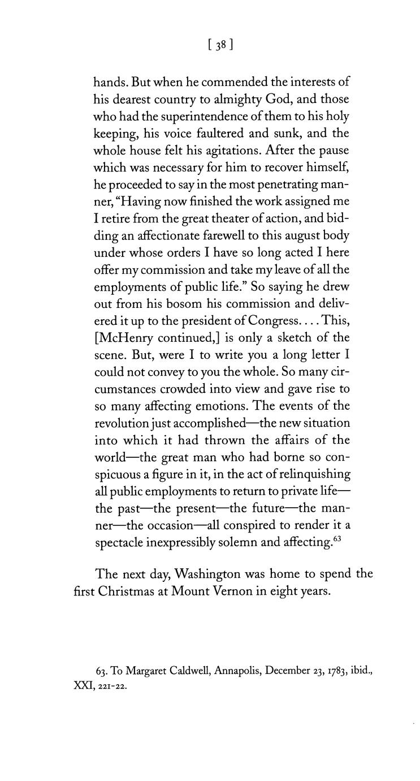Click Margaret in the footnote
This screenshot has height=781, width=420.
[x=148, y=671]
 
